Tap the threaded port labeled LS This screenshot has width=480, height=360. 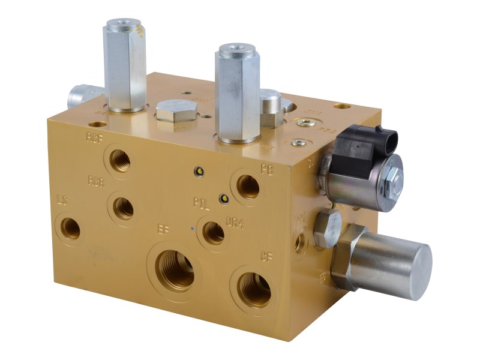coord(70,227)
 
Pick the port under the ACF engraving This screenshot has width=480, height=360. coord(120,161)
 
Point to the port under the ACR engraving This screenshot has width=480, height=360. coord(123,208)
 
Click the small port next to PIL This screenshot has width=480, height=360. coord(214,232)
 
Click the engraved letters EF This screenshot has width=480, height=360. coord(163,229)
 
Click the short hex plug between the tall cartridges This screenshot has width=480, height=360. coord(176,112)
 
